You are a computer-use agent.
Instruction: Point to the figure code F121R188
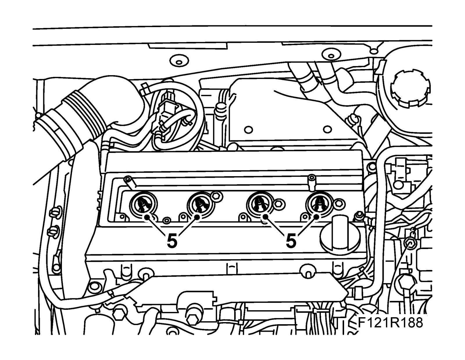click(x=390, y=323)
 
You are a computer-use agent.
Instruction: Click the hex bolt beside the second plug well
click(x=217, y=195)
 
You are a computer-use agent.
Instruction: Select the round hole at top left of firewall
click(x=176, y=62)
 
